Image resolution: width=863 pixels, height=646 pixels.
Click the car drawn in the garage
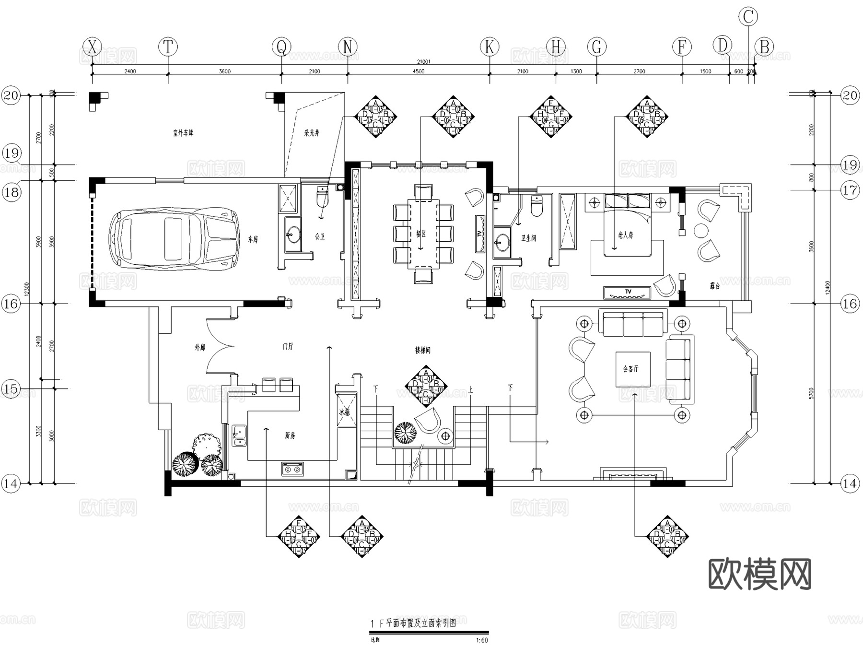point(174,238)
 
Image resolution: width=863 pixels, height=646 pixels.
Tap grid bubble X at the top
point(92,47)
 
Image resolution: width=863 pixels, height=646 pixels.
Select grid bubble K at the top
point(490,47)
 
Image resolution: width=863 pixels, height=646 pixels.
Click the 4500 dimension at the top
point(418,71)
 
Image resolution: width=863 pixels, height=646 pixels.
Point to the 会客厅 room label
point(630,369)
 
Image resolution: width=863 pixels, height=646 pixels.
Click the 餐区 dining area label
point(420,234)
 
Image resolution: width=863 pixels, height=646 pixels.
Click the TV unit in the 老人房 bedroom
point(627,292)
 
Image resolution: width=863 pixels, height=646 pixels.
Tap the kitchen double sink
point(239,435)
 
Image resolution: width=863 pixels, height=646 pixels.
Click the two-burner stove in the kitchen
point(292,469)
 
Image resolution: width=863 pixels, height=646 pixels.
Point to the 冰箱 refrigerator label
point(345,412)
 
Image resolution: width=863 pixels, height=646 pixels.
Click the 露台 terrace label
point(714,286)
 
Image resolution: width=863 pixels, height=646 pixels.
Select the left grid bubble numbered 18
point(12,192)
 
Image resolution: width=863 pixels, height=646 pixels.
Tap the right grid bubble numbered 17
point(850,190)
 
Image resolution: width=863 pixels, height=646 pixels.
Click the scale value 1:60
point(481,640)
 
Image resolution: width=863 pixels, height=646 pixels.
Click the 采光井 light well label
point(312,133)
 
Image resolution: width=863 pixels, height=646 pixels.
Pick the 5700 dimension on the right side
point(811,393)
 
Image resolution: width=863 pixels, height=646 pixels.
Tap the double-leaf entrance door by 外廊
point(218,346)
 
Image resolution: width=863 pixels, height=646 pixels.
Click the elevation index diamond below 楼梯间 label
point(426,386)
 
